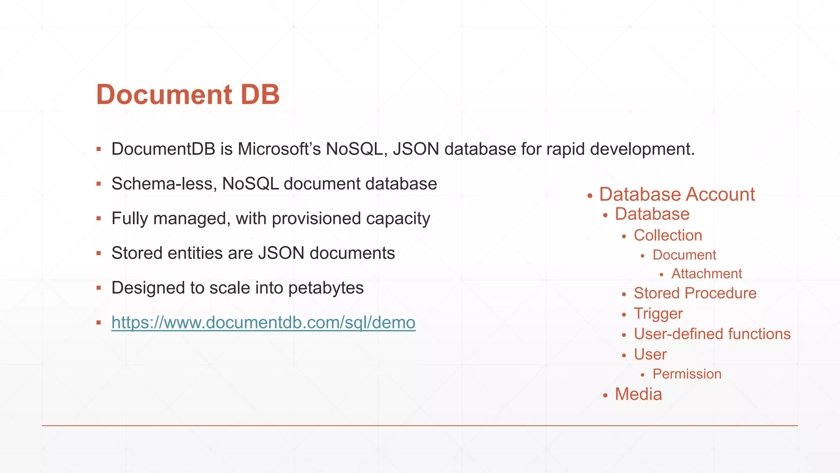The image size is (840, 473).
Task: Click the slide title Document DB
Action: tap(188, 94)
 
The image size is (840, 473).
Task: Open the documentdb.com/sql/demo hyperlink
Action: tap(263, 323)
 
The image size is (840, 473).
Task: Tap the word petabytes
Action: tap(326, 288)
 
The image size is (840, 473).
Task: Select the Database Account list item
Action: tap(677, 194)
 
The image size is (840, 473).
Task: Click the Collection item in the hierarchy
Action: tap(668, 235)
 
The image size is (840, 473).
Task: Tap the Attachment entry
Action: tap(706, 273)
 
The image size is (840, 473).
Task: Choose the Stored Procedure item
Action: tap(695, 293)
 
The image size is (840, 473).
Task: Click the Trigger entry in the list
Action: tap(658, 314)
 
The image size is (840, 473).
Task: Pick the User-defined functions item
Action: tap(712, 334)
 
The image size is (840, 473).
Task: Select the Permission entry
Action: tap(687, 374)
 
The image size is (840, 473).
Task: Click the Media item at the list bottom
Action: tap(638, 394)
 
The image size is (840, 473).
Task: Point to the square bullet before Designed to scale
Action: tap(98, 288)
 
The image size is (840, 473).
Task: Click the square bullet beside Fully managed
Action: tap(98, 218)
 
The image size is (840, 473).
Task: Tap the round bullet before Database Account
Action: tap(590, 196)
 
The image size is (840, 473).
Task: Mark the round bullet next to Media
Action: tap(605, 396)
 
